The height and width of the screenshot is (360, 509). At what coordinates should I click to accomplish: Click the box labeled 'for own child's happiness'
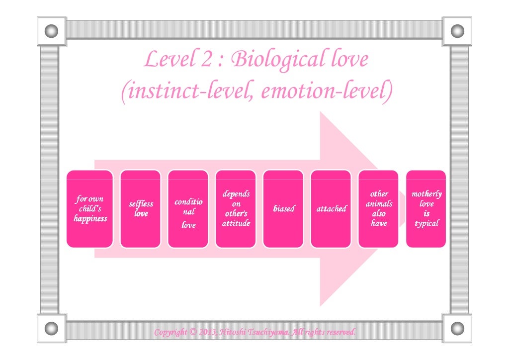[89, 209]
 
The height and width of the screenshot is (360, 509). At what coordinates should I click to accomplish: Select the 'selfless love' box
[141, 209]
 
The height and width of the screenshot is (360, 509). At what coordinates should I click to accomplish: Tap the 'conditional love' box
[188, 209]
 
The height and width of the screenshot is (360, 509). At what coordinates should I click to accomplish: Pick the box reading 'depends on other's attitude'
[236, 209]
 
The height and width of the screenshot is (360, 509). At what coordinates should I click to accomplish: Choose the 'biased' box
[283, 209]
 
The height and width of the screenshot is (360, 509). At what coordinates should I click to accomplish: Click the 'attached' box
[331, 209]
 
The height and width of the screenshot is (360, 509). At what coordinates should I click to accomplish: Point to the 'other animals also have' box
[378, 209]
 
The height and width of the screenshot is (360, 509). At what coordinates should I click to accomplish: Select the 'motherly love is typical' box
[426, 209]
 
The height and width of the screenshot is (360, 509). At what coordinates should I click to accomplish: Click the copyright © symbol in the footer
[192, 332]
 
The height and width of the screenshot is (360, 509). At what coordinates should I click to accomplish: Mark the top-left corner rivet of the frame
[51, 31]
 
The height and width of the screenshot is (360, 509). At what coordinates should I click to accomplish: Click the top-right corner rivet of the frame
[457, 31]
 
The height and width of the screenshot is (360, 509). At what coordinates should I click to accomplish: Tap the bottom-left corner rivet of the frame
[51, 328]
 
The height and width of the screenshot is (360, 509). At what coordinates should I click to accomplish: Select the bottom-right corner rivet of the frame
[457, 328]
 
